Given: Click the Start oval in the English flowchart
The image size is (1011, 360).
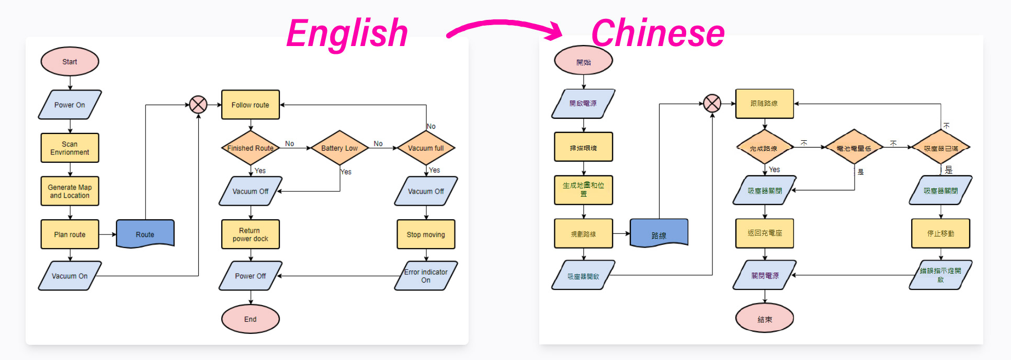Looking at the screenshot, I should (x=70, y=62).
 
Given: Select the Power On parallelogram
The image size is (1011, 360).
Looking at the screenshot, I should (x=70, y=105).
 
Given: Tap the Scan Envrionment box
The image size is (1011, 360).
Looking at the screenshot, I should (x=70, y=148).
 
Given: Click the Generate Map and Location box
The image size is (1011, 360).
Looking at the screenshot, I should (x=70, y=191).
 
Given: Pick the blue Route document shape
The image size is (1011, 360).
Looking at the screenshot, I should (x=145, y=233).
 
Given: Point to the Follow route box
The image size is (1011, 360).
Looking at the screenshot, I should (x=250, y=105).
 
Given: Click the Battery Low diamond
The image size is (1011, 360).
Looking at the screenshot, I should (x=339, y=148).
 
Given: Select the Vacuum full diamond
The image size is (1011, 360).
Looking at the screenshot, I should (x=426, y=148).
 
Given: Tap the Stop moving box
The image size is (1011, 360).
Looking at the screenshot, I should (x=426, y=234).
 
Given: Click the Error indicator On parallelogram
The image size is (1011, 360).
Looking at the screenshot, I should (x=426, y=276).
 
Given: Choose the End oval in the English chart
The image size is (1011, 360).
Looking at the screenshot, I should (x=250, y=319).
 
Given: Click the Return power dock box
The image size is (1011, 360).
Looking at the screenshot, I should (x=250, y=234).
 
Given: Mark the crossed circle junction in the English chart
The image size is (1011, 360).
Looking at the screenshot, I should (x=198, y=105).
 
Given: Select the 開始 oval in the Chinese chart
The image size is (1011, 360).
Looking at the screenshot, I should (x=583, y=61).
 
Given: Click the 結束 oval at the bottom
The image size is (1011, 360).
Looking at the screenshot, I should (x=764, y=318).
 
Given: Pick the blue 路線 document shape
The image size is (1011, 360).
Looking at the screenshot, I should (x=658, y=233).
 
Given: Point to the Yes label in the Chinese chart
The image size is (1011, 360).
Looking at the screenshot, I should (x=775, y=170).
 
